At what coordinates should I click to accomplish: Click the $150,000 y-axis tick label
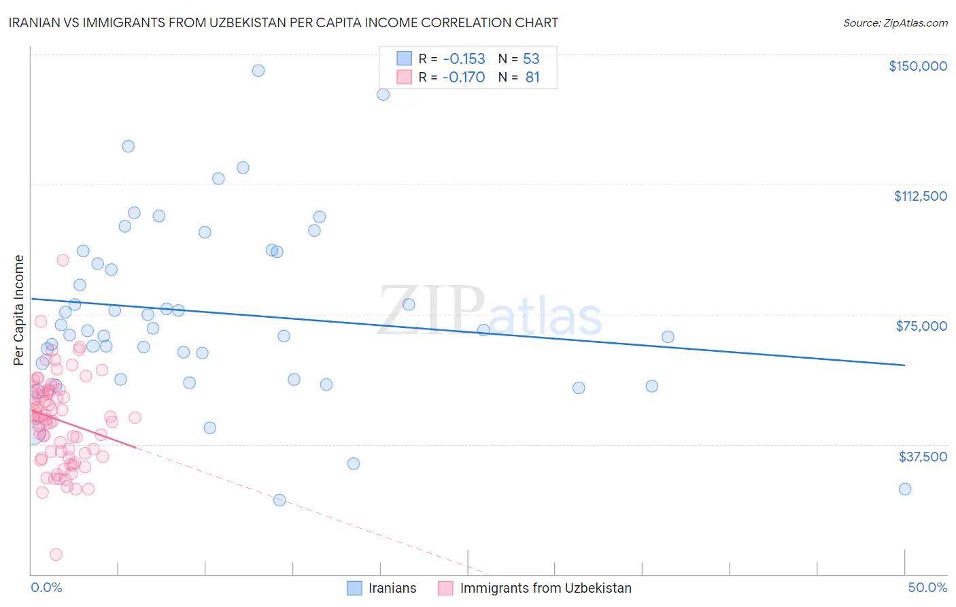pos(917,66)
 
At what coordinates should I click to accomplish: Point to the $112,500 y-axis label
pos(920,196)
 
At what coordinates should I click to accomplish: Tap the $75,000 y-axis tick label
pos(921,326)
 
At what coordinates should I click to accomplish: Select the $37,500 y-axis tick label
pos(922,457)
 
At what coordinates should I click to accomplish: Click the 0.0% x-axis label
pos(46,588)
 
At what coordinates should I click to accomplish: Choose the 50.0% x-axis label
pos(927,588)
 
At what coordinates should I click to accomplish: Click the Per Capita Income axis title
pos(19,310)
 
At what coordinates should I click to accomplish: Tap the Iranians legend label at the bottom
pos(392,588)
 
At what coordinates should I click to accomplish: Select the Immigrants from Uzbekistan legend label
pos(545,588)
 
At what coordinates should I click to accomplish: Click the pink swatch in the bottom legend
pos(445,588)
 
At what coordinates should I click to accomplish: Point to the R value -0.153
pos(464,59)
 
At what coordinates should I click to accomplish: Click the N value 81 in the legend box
pos(532,78)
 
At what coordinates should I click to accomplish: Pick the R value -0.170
pos(464,78)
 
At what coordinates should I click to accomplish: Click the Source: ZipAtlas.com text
pos(895,23)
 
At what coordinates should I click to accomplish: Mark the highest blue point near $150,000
pos(258,71)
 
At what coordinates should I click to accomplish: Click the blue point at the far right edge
pos(905,489)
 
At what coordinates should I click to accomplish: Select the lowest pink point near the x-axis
pos(56,555)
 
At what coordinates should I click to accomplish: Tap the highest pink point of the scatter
pos(63,260)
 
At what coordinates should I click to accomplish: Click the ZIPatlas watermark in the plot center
pos(490,312)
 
